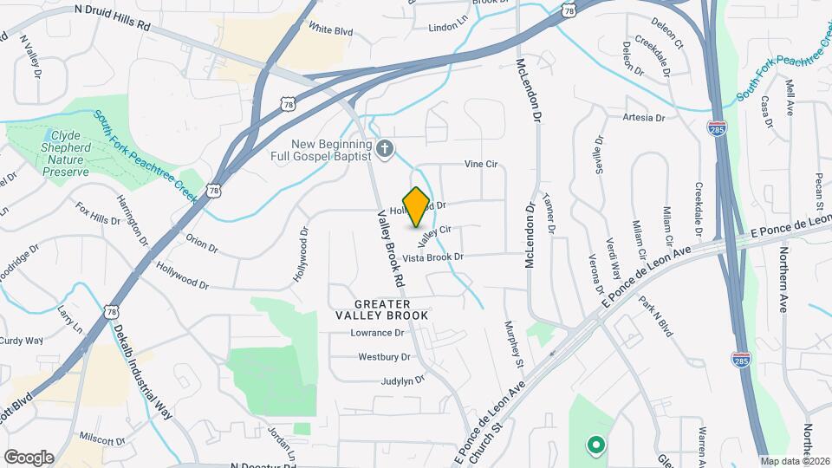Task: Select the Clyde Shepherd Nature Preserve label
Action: [x=59, y=153]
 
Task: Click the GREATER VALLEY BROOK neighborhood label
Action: [x=382, y=309]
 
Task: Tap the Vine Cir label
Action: [x=481, y=163]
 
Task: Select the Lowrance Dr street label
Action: [x=377, y=333]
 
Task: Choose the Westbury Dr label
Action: [x=384, y=356]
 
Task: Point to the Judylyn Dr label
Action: [x=402, y=380]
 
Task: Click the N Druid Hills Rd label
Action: [x=113, y=16]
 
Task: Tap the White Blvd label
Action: [x=331, y=30]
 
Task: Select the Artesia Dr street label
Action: [x=643, y=117]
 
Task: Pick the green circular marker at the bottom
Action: [x=595, y=446]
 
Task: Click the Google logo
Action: [x=29, y=457]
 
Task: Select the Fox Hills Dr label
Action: [x=98, y=214]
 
